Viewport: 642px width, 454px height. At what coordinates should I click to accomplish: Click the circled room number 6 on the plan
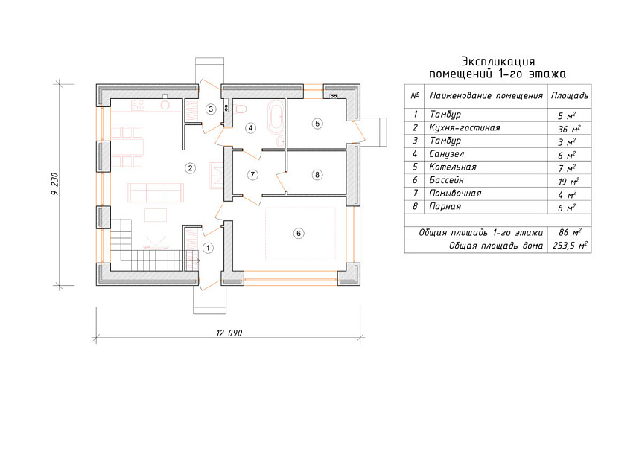pyautogui.click(x=299, y=234)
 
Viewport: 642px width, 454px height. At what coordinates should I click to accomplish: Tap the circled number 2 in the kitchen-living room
pyautogui.click(x=190, y=168)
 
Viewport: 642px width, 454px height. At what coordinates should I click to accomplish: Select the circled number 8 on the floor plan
pyautogui.click(x=317, y=175)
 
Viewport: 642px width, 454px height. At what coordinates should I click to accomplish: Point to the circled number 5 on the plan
pyautogui.click(x=317, y=123)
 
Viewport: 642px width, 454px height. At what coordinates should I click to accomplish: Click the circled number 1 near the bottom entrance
pyautogui.click(x=208, y=248)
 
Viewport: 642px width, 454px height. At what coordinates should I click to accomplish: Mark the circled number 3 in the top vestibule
pyautogui.click(x=211, y=109)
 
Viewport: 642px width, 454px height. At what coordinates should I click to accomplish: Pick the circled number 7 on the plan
pyautogui.click(x=252, y=175)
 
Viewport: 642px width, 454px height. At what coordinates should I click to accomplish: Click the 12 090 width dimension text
pyautogui.click(x=229, y=333)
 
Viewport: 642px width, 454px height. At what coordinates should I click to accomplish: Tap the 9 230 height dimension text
pyautogui.click(x=55, y=184)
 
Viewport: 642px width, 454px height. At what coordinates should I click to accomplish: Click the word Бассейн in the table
pyautogui.click(x=446, y=180)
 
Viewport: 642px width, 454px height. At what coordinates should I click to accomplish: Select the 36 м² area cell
pyautogui.click(x=569, y=129)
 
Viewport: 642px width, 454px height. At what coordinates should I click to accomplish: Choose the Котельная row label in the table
pyautogui.click(x=453, y=167)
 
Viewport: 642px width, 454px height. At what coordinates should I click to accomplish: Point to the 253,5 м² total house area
pyautogui.click(x=570, y=246)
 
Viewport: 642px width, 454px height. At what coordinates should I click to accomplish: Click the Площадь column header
pyautogui.click(x=570, y=96)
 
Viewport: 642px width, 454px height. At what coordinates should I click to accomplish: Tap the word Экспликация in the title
pyautogui.click(x=498, y=61)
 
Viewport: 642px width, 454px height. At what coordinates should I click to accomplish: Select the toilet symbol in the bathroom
pyautogui.click(x=241, y=109)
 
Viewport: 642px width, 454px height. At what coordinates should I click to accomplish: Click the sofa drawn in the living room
pyautogui.click(x=156, y=193)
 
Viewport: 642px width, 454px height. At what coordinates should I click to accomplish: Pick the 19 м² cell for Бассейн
pyautogui.click(x=569, y=182)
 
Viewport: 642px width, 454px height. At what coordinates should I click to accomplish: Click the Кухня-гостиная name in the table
pyautogui.click(x=465, y=127)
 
